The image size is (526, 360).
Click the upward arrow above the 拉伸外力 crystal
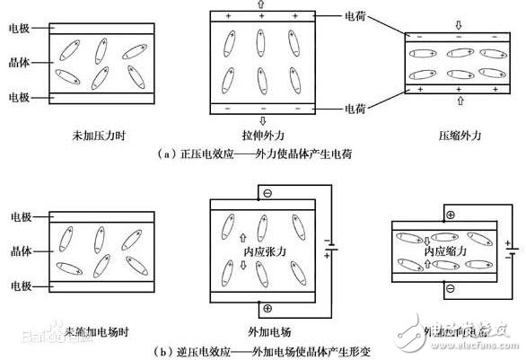coord(260,4)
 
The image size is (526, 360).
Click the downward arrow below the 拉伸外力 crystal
coord(260,121)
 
